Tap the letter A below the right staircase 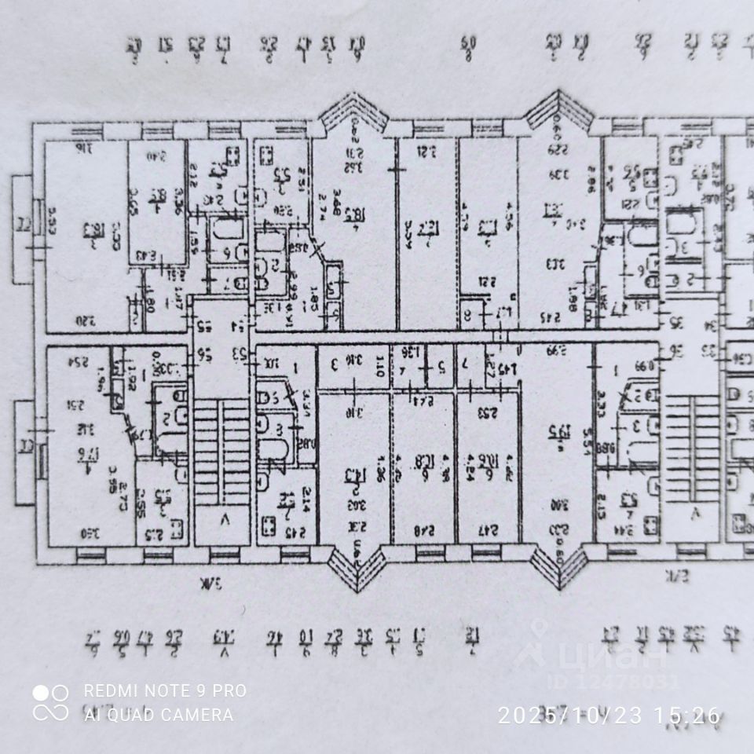(694, 514)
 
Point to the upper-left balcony (23, 228)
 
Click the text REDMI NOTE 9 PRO (164, 691)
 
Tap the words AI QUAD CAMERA (158, 715)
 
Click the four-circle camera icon (50, 702)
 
